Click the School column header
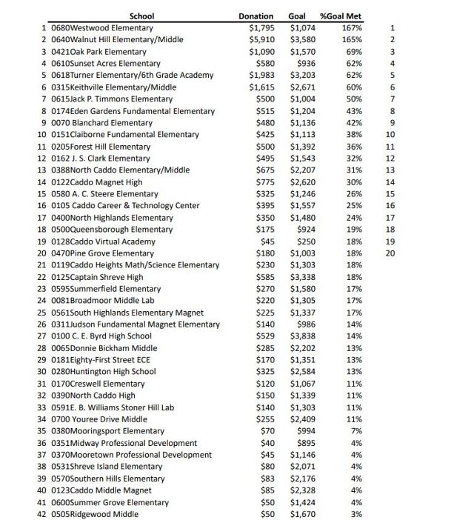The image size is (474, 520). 141,16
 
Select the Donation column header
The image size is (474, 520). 256,16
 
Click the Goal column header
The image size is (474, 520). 297,16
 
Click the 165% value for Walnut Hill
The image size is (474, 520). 352,40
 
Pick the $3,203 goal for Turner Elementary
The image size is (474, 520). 303,76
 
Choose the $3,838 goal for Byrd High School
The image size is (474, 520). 303,336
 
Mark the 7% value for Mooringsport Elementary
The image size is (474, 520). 356,431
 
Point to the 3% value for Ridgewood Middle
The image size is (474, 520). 356,514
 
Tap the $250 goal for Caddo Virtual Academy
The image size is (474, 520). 306,241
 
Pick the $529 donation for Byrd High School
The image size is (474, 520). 263,336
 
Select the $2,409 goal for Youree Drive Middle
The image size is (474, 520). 303,419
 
